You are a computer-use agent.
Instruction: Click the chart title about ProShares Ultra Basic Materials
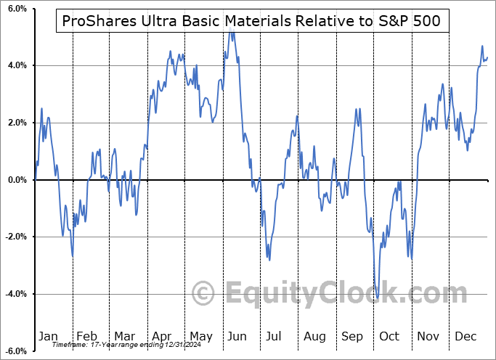click(x=252, y=22)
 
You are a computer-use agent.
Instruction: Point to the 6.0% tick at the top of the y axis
click(x=17, y=9)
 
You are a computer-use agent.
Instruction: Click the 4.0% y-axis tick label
click(x=17, y=65)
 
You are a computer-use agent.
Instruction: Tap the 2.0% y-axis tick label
click(x=17, y=123)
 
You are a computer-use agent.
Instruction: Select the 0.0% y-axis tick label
click(x=17, y=180)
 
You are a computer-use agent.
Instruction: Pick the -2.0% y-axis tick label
click(x=15, y=237)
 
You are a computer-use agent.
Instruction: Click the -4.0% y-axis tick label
click(x=15, y=294)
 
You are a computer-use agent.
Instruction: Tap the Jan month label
click(x=48, y=336)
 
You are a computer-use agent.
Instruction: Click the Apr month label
click(x=161, y=336)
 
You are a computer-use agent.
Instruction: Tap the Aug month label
click(x=314, y=336)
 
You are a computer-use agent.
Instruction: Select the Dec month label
click(x=466, y=336)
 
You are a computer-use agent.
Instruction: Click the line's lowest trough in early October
click(x=378, y=298)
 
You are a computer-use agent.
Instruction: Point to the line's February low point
click(x=73, y=255)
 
